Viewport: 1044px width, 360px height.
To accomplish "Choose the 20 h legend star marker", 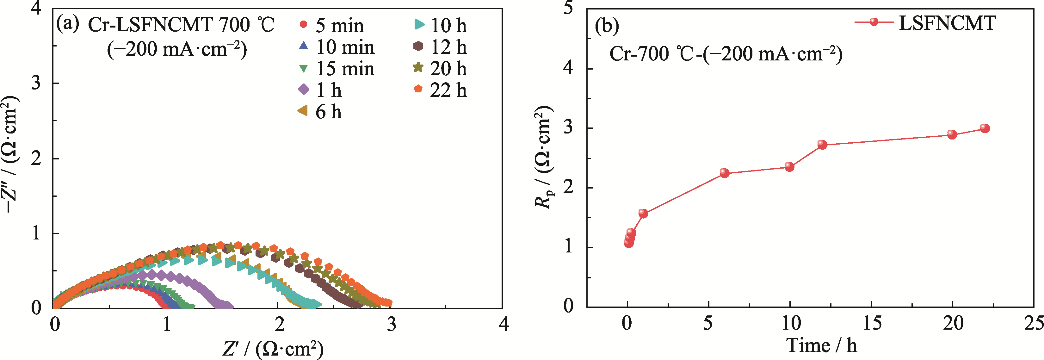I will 418,68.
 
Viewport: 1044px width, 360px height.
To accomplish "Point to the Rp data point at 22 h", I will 985,128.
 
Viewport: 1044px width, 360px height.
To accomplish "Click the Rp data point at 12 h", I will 822,145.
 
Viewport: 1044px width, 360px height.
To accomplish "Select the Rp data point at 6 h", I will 724,173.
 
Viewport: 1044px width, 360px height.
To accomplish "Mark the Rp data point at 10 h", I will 789,167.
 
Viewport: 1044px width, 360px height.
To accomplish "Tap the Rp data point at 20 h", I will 952,134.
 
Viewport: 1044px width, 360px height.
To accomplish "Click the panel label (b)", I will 607,26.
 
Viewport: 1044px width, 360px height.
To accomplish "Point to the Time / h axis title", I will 821,345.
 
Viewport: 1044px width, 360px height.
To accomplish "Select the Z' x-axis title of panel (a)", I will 273,348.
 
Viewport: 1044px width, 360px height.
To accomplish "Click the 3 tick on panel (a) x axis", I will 391,324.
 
